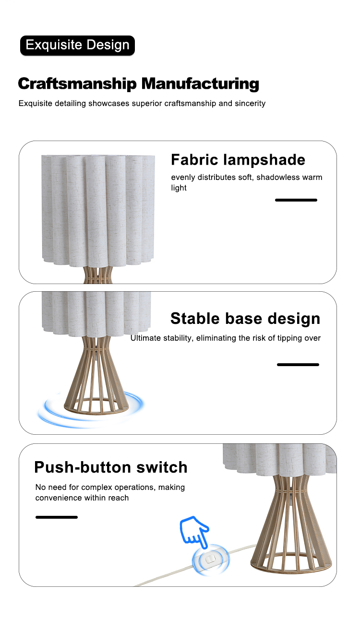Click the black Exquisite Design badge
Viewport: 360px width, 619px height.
click(x=77, y=45)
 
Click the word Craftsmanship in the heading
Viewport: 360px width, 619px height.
click(x=77, y=83)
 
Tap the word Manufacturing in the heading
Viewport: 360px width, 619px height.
click(x=200, y=83)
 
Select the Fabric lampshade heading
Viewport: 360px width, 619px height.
click(x=238, y=160)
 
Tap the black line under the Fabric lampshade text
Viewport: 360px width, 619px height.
click(x=296, y=200)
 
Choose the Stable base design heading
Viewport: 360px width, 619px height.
click(x=245, y=318)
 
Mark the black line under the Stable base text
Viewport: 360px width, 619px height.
click(x=298, y=365)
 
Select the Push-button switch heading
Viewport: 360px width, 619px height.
click(x=110, y=467)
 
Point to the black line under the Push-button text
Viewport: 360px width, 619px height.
click(x=57, y=517)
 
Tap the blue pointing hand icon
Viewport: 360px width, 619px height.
click(x=194, y=531)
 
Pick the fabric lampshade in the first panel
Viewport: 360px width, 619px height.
click(x=98, y=211)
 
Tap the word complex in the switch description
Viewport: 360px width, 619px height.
click(x=96, y=488)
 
